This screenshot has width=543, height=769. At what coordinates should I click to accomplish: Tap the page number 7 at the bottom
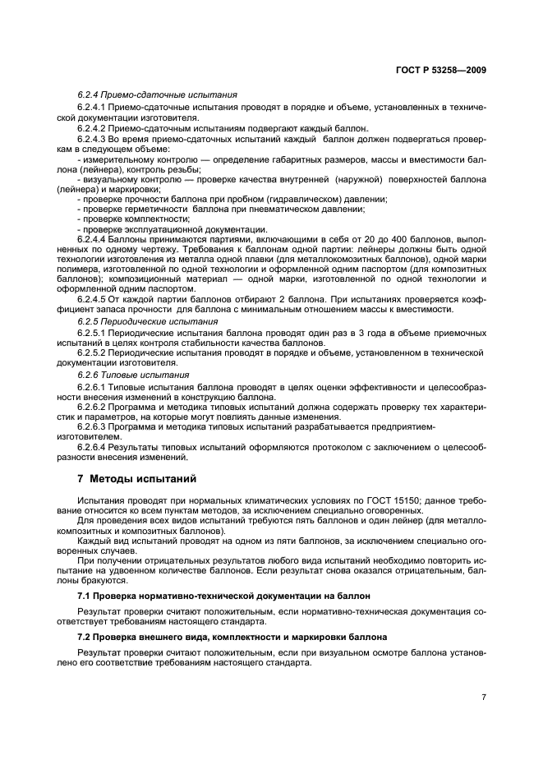[x=484, y=697]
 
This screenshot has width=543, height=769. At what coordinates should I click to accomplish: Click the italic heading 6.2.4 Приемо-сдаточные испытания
[x=158, y=95]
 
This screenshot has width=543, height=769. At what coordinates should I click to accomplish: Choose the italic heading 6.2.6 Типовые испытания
[x=133, y=375]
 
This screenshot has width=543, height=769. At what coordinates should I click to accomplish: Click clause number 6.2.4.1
[x=92, y=108]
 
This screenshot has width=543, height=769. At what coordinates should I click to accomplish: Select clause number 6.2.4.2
[x=92, y=129]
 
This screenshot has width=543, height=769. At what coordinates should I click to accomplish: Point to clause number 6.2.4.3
[x=92, y=140]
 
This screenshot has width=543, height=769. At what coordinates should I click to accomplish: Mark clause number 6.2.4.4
[x=92, y=238]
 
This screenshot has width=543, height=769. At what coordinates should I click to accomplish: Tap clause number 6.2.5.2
[x=92, y=352]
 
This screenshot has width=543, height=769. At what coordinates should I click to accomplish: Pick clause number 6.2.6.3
[x=92, y=427]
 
